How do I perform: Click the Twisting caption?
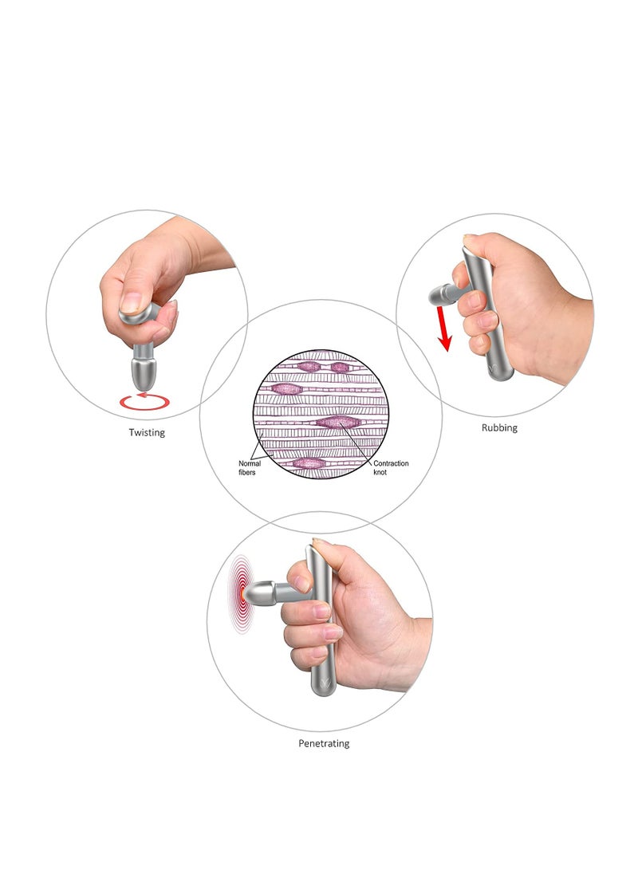pyautogui.click(x=147, y=432)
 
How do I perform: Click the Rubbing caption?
pyautogui.click(x=499, y=427)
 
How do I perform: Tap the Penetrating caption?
pyautogui.click(x=324, y=743)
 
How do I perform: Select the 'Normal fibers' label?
pyautogui.click(x=250, y=467)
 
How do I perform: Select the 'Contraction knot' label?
pyautogui.click(x=391, y=467)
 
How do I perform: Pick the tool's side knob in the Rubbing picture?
pyautogui.click(x=440, y=296)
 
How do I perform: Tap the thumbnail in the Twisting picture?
pyautogui.click(x=131, y=303)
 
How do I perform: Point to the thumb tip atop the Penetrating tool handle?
pyautogui.click(x=321, y=545)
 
